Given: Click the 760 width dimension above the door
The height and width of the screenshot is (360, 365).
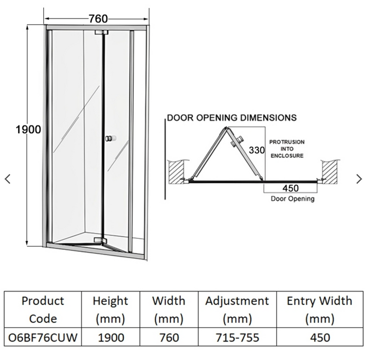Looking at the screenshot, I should pos(98,19).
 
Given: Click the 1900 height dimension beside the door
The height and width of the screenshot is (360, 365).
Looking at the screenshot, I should pos(28,130).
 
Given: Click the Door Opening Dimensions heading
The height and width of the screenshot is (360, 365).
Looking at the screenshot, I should pos(232,118).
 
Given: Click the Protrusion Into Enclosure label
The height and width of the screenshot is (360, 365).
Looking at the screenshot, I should pos(287,148).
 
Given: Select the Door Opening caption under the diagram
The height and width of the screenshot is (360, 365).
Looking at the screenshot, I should pos(293,199).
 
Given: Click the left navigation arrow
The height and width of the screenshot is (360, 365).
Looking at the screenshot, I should pos(7,179).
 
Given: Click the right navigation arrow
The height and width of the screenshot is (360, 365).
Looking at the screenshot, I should pos(359,179).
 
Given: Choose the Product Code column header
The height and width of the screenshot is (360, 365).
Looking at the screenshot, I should pos(43,310).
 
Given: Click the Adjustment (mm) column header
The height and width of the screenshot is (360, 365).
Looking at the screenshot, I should pos(237,310).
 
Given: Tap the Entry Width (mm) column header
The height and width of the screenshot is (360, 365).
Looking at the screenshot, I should pos(319,310).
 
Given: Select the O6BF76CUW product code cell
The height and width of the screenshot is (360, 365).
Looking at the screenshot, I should pos(43,338).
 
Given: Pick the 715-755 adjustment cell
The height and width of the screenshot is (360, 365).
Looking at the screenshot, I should pos(237,338).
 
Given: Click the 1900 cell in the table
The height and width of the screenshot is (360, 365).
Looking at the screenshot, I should pos(111,338).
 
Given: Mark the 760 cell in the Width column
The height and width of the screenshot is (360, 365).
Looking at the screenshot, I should pos(169,338).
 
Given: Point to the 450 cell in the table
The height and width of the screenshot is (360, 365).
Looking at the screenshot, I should pos(319,338).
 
